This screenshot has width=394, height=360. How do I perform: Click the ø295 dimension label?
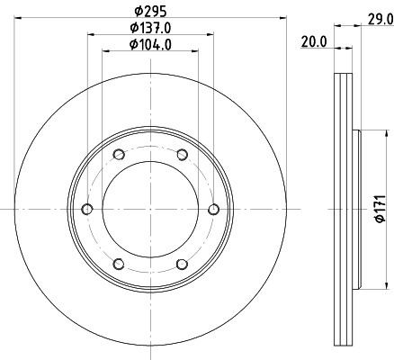(150, 10)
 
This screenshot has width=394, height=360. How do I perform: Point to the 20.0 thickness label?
(312, 40)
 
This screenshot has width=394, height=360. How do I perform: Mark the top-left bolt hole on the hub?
(119, 154)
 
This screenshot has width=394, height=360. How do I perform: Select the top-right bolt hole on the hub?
(182, 154)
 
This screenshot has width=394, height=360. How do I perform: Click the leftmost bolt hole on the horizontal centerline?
(87, 209)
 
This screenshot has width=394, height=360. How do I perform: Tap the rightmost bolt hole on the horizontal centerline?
(213, 209)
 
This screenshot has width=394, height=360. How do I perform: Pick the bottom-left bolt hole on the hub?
(119, 264)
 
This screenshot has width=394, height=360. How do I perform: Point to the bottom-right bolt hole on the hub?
(182, 264)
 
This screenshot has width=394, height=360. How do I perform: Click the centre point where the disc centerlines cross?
(150, 209)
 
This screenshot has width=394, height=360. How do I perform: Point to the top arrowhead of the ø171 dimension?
(368, 133)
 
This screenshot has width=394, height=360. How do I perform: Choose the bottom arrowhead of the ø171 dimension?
(368, 285)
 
